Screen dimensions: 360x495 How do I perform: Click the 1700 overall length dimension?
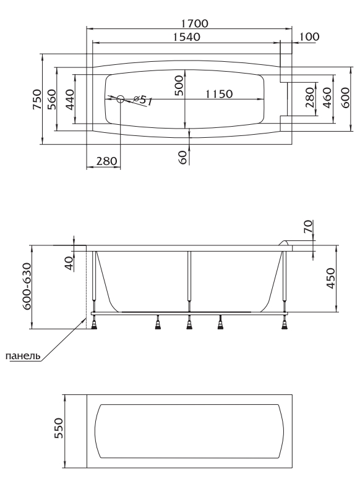(x=195, y=23)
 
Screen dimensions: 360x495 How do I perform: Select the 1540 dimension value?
(x=187, y=37)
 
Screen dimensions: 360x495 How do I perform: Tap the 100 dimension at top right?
(x=309, y=36)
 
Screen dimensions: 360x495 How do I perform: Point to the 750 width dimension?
(x=37, y=99)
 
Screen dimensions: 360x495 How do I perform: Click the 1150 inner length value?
(x=219, y=94)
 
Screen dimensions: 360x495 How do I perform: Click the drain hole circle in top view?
(x=121, y=99)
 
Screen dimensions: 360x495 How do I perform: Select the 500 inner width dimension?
(x=179, y=85)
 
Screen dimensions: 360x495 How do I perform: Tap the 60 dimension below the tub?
(x=183, y=157)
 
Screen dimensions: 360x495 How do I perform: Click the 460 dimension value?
(x=327, y=98)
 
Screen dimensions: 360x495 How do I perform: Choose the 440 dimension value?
(x=70, y=99)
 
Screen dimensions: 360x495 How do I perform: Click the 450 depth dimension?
(x=330, y=278)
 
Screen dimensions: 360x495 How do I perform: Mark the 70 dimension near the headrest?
(x=308, y=226)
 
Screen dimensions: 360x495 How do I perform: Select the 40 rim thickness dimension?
(x=69, y=264)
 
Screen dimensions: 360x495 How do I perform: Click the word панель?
(x=24, y=356)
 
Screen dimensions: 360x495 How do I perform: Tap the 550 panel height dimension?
(x=59, y=428)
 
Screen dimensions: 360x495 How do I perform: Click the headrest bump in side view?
(x=285, y=242)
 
